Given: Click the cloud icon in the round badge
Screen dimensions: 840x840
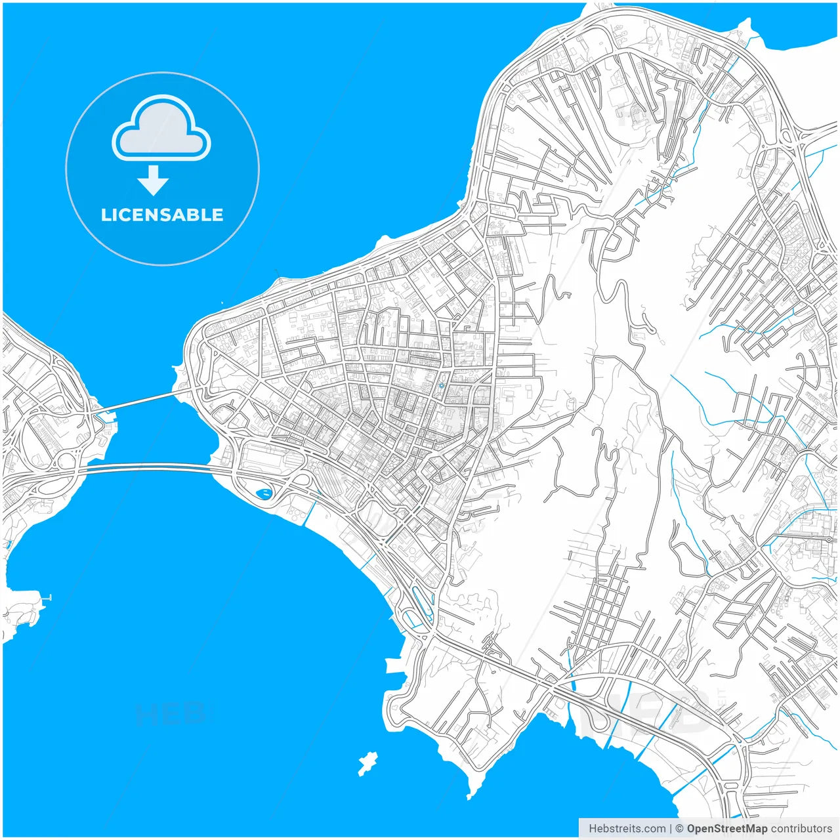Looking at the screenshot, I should [161, 129].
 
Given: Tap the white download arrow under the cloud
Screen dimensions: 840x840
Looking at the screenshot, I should [154, 180].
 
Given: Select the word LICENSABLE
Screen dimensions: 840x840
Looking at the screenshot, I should [162, 215].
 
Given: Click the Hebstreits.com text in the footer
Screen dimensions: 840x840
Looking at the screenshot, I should [627, 829].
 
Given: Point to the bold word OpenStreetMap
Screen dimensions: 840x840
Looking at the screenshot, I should [726, 829].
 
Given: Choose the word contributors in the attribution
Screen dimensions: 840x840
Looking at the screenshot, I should [801, 829].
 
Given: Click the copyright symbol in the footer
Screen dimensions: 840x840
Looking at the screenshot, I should [679, 829].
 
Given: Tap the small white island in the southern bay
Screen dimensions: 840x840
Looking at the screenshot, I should [367, 763].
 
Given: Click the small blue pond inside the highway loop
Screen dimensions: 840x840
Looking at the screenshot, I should [264, 493].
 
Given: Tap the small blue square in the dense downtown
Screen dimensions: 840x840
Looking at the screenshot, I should [442, 385].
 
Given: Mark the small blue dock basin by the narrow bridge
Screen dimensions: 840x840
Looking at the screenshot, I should [105, 415].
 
